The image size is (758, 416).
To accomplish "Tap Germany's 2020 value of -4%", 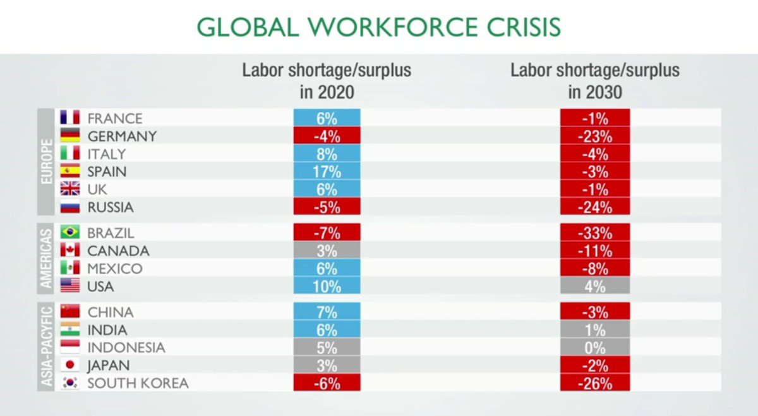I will point(327,136).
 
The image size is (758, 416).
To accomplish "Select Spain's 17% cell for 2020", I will point(327,171).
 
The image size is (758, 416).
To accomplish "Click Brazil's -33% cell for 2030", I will point(594,233).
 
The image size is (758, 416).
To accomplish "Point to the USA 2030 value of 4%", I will point(594,286).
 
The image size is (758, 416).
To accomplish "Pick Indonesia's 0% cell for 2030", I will point(594,348).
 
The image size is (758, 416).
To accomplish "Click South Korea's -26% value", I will point(594,383).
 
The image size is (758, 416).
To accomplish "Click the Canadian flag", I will point(69,250).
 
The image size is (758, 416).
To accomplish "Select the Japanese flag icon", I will point(69,365).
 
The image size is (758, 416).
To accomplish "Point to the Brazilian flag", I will point(69,233).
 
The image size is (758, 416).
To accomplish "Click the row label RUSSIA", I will point(111,207).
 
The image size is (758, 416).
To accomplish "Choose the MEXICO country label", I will point(115,269).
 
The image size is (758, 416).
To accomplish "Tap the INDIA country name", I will point(107,330).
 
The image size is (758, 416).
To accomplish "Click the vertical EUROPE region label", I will point(46,162).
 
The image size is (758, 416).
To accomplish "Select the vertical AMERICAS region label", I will point(46,259).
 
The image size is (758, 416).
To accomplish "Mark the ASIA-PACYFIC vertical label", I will point(46,346).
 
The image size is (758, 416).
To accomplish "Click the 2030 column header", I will point(594,80).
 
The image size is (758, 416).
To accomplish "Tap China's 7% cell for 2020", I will point(327,312).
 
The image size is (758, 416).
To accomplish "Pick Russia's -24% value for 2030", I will point(594,207).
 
